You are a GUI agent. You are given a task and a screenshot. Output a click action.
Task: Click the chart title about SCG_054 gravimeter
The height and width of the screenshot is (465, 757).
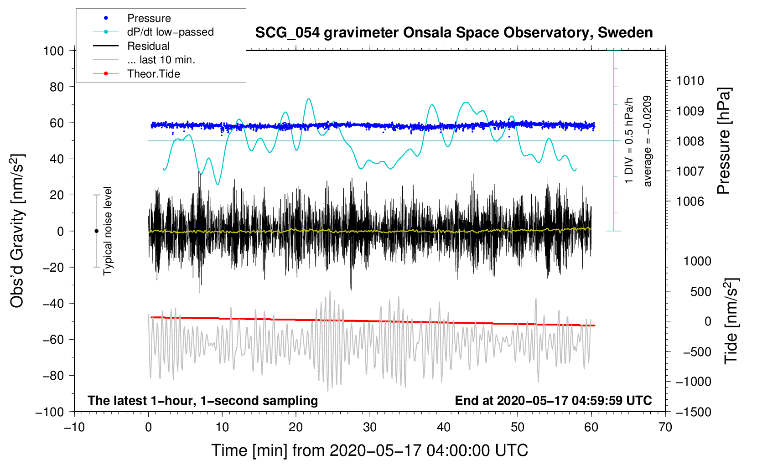[x=454, y=33]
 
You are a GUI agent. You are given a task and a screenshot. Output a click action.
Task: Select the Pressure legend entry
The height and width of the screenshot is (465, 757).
[x=149, y=18]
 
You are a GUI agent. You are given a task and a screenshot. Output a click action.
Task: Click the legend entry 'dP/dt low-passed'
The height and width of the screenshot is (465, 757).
[x=170, y=32]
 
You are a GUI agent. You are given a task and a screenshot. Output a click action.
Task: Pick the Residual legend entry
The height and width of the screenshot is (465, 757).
[x=148, y=46]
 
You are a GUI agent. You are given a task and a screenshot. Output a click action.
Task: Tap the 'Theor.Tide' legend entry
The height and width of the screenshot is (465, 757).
[x=153, y=74]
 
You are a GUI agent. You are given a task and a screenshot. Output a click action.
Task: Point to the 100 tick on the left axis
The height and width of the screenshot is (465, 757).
[x=54, y=51]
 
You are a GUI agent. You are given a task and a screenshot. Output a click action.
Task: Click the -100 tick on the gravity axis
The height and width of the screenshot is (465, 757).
[x=50, y=412]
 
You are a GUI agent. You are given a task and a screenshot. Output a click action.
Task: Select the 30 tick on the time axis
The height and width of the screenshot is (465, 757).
[x=370, y=427]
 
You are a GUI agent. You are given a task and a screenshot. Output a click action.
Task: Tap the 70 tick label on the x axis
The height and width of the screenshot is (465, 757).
[x=665, y=427]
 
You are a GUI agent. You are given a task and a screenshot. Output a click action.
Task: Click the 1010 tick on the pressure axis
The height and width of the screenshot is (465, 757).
[x=690, y=81]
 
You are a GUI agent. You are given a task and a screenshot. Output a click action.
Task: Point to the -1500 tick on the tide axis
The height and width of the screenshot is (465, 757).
[x=694, y=412]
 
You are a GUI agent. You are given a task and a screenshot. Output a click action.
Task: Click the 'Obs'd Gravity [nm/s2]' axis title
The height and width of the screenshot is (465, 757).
[x=17, y=231]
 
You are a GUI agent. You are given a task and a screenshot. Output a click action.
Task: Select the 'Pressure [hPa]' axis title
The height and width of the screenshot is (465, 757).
[x=723, y=141]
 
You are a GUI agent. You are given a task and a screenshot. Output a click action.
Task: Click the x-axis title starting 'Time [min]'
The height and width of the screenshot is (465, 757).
[x=370, y=450]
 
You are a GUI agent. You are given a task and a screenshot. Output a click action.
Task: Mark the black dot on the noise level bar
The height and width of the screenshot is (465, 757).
[x=96, y=231]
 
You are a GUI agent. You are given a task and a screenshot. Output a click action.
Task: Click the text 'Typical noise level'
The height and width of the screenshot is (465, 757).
[x=108, y=231]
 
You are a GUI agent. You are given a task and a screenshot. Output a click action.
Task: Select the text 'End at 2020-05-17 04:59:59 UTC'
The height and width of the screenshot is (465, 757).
[x=553, y=400]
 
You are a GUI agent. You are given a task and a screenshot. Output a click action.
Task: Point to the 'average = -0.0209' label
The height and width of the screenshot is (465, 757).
[x=648, y=141]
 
